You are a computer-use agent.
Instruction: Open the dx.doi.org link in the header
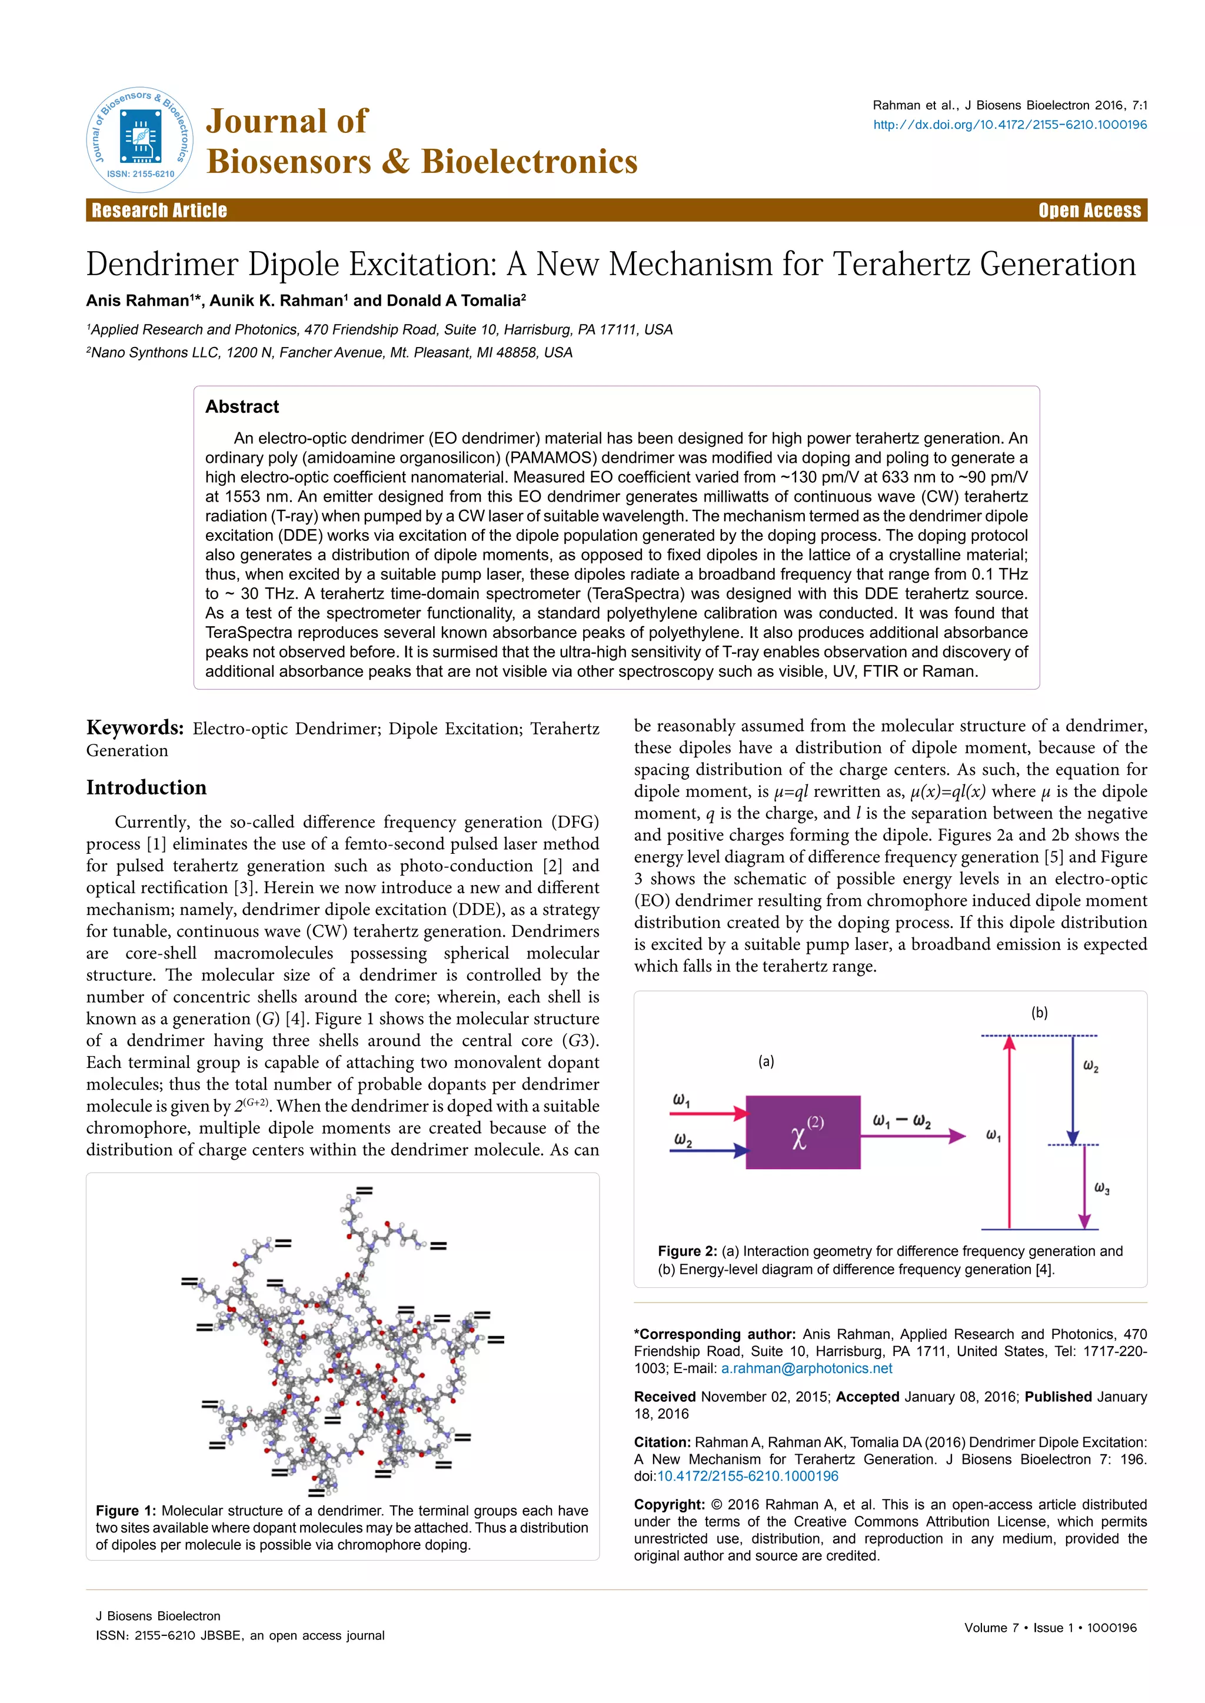click(x=1009, y=125)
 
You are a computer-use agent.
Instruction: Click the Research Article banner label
click(x=159, y=210)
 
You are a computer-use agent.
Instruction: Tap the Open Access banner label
click(x=1089, y=210)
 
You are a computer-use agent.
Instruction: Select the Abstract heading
click(x=242, y=406)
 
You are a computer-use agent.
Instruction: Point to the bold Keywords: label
click(x=134, y=727)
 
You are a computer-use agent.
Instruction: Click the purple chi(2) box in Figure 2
click(x=803, y=1132)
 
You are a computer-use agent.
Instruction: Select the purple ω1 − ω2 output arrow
click(x=913, y=1136)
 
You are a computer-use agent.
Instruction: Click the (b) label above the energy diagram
click(x=1039, y=1013)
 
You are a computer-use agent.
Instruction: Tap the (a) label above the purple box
click(x=765, y=1061)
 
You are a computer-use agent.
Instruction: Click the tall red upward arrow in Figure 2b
click(x=1008, y=1135)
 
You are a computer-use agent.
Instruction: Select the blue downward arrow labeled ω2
click(x=1072, y=1090)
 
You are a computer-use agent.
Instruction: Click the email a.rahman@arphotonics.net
click(x=806, y=1368)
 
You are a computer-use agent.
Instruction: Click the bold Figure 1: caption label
click(x=125, y=1511)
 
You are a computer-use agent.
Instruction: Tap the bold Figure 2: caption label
click(x=687, y=1251)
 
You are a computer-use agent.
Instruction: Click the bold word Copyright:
click(x=668, y=1504)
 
